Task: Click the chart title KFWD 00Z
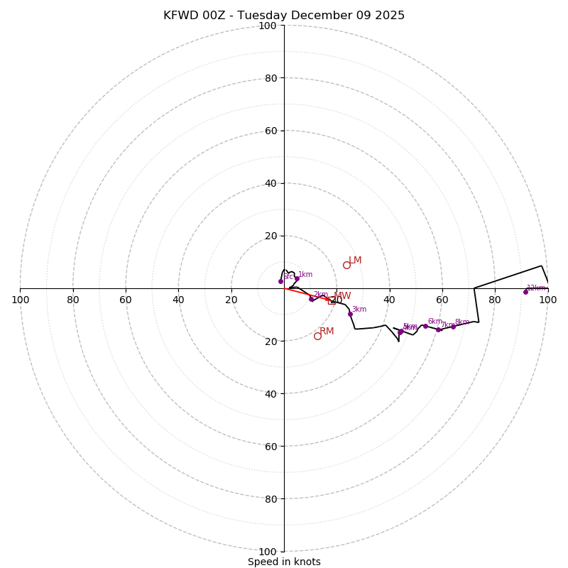point(284,16)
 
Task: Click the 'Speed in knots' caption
point(284,562)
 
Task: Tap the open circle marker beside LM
point(346,265)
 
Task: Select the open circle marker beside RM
point(317,336)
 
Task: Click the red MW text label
point(342,296)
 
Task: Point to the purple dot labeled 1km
point(297,278)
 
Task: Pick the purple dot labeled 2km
point(311,299)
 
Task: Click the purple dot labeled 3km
point(350,314)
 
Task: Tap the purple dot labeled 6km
point(425,326)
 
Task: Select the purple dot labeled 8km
point(453,327)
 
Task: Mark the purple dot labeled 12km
point(525,292)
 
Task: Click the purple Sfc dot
point(280,281)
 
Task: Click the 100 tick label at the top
point(268,26)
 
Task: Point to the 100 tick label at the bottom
point(268,551)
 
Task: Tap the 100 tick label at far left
point(20,300)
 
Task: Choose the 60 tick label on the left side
point(126,300)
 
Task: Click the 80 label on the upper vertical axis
point(271,78)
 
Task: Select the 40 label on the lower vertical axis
point(271,393)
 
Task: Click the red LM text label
point(355,261)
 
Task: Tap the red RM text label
point(327,332)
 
